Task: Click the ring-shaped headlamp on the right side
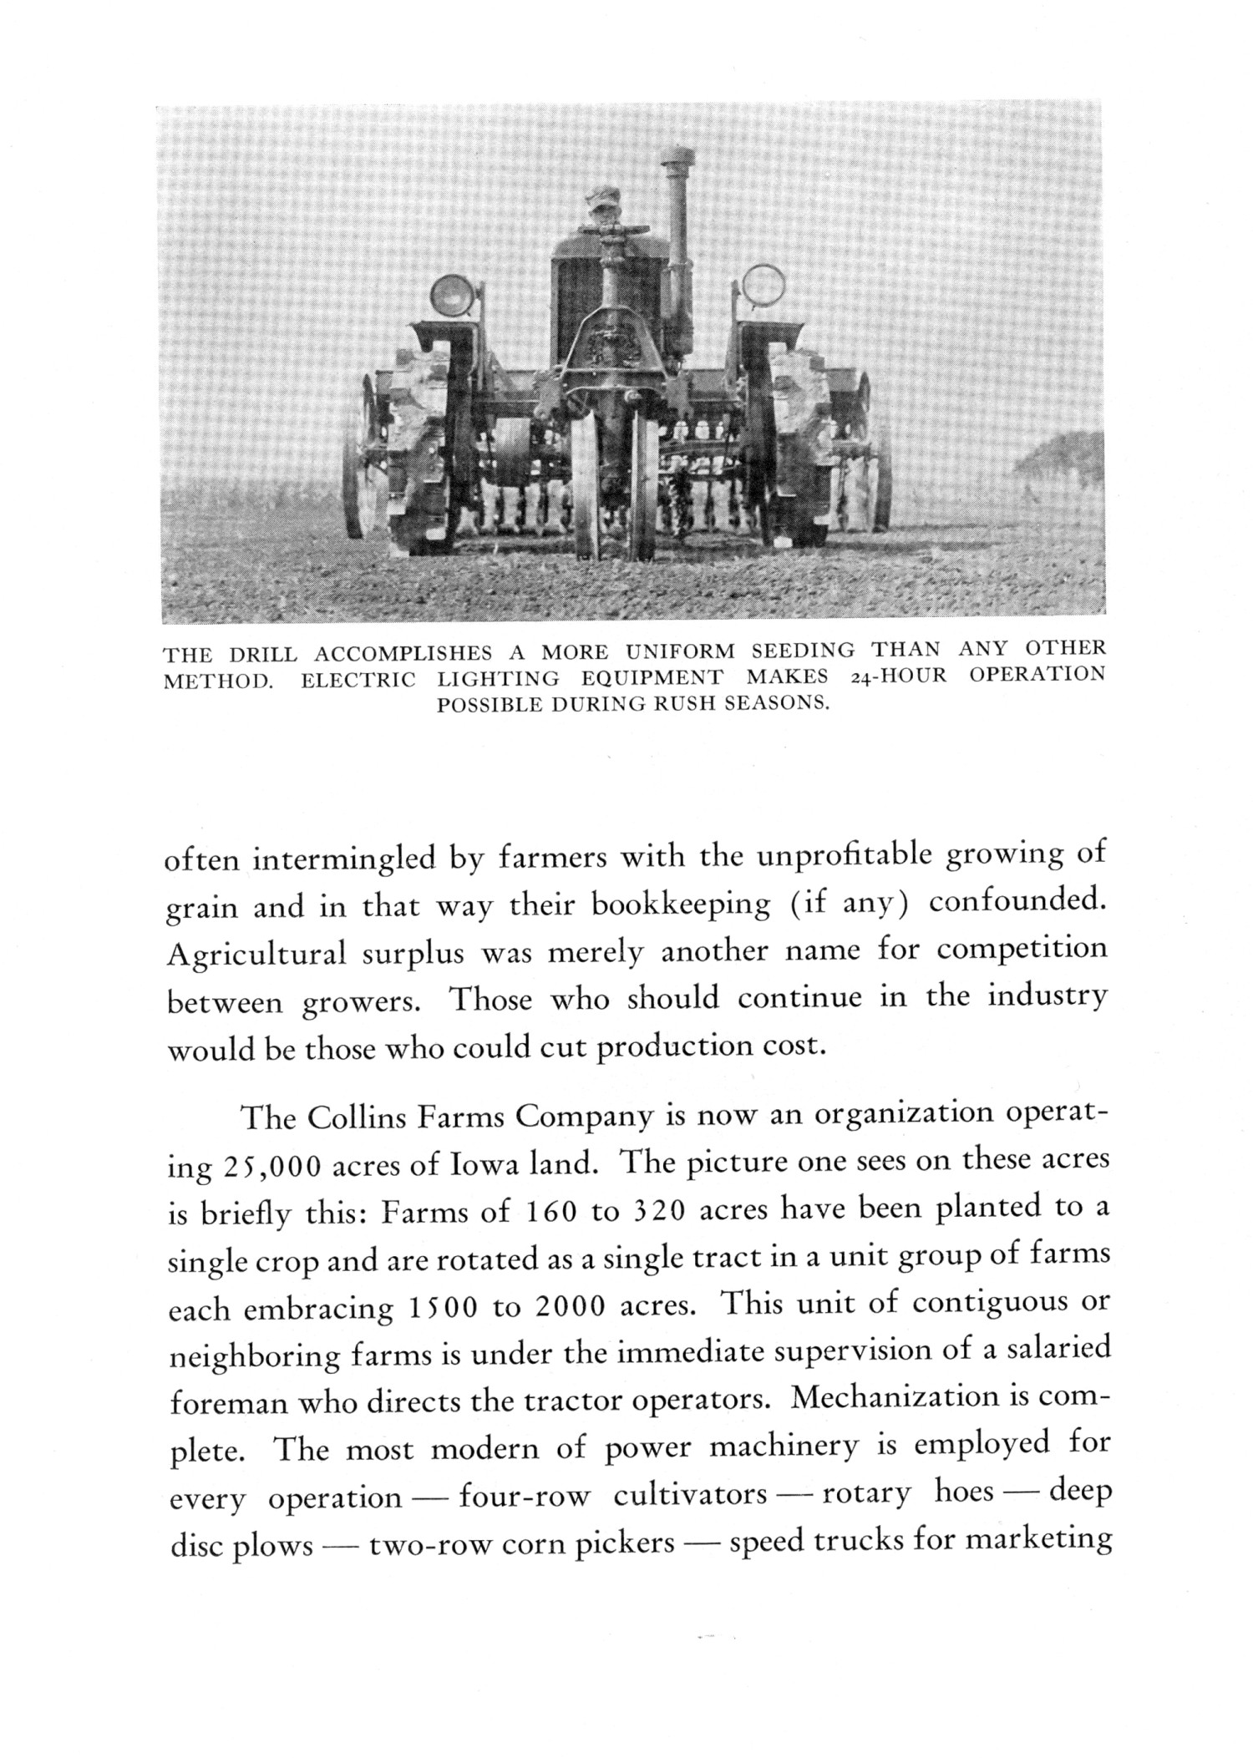[x=761, y=285]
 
